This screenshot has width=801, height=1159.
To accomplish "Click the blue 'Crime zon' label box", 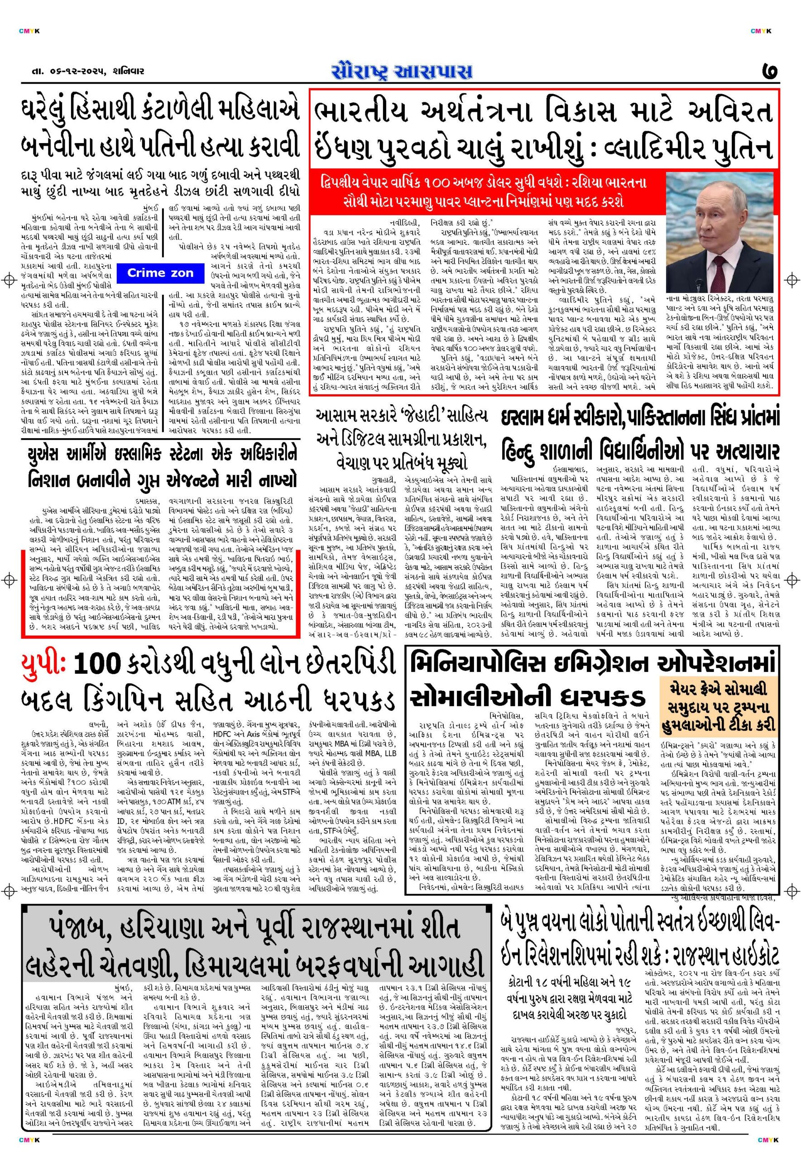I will (x=153, y=273).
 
